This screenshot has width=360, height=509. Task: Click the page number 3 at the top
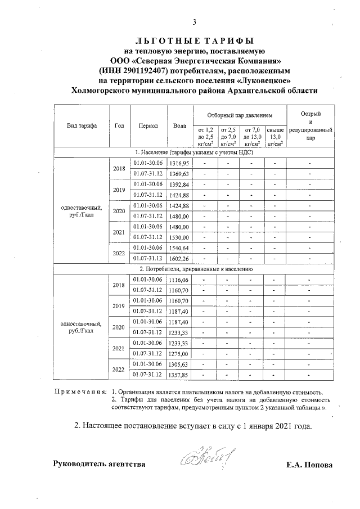(195, 23)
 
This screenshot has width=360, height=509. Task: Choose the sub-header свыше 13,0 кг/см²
(274, 137)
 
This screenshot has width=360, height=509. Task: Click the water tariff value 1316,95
(180, 163)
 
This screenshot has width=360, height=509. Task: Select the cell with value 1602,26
(180, 259)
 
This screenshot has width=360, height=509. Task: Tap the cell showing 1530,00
(180, 237)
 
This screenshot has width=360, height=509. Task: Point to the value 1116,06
(180, 280)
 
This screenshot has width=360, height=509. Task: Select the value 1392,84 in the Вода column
(180, 184)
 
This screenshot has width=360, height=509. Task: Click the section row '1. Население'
(194, 152)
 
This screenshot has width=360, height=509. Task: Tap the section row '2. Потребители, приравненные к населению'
(194, 269)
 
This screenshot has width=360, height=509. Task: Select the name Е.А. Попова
(309, 465)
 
